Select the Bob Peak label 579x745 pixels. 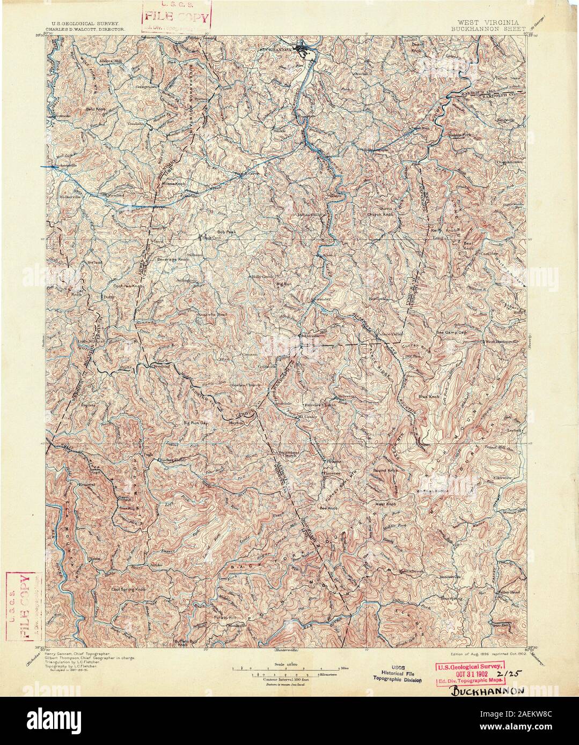[x=226, y=232]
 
